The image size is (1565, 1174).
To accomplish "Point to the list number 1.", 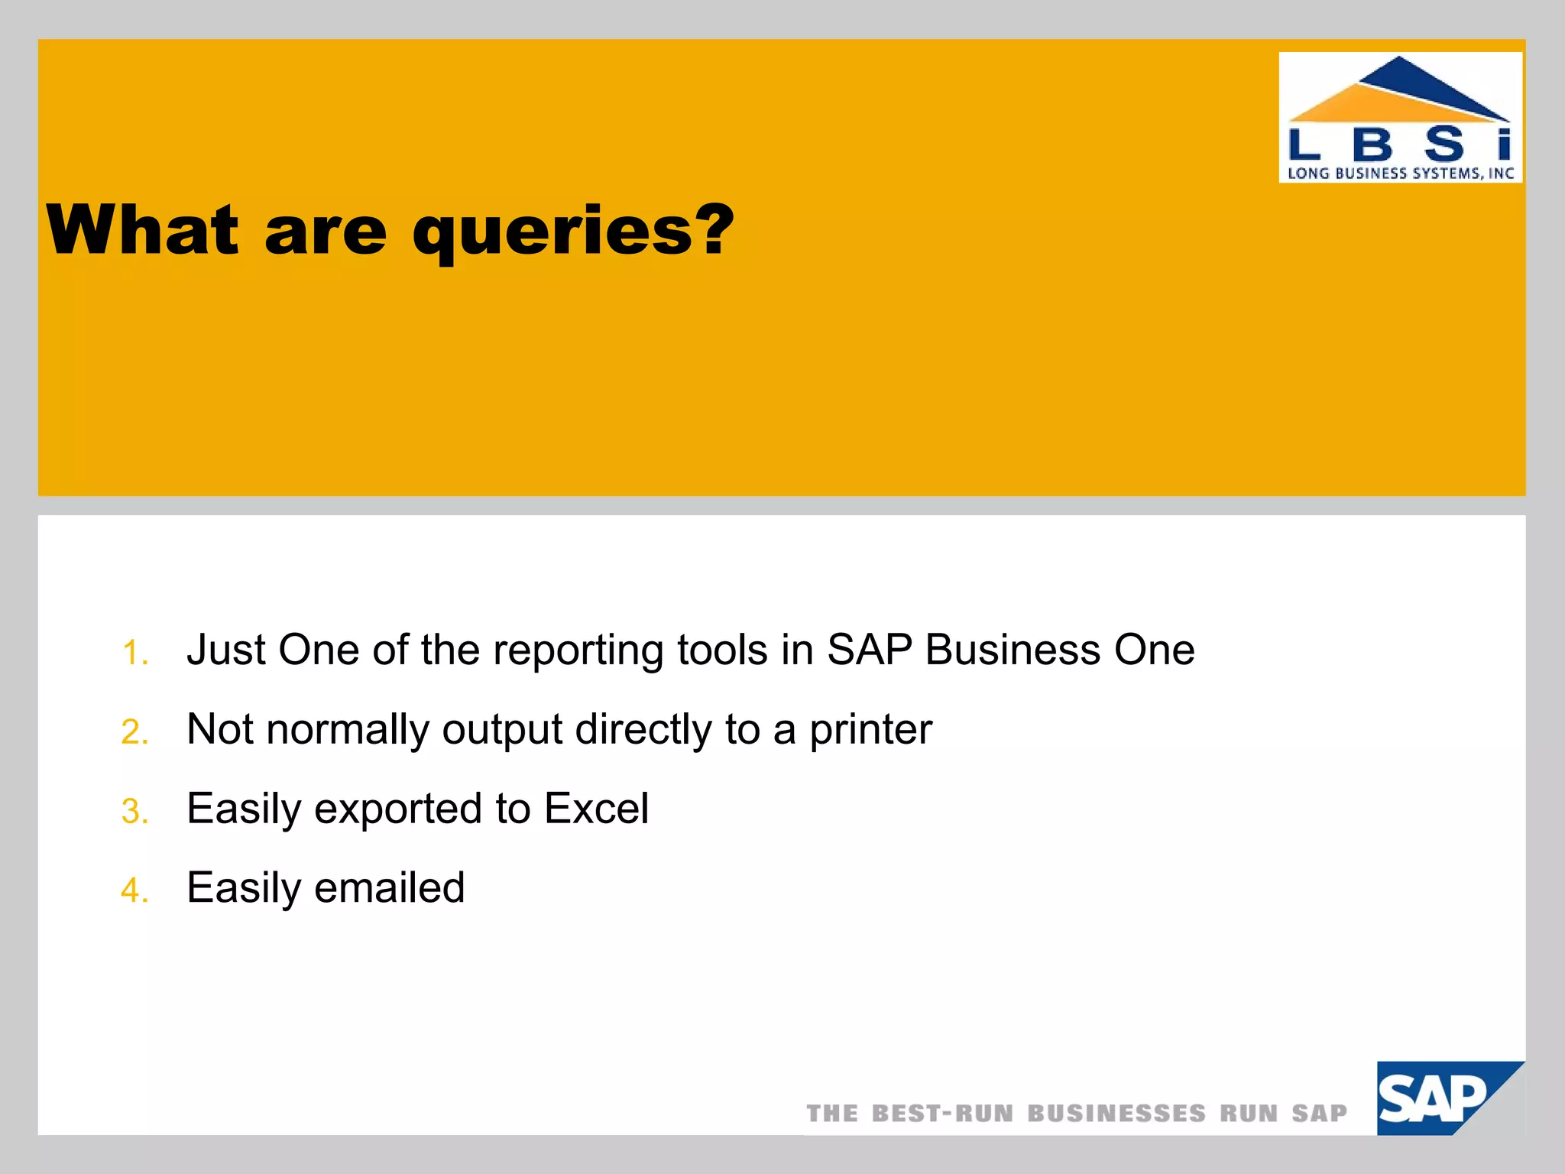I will coord(134,653).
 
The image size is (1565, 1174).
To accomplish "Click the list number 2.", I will coord(134,732).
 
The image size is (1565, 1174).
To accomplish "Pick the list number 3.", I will coord(134,812).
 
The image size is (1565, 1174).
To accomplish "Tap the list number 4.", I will coord(134,890).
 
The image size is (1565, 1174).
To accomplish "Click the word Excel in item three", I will coord(596,809).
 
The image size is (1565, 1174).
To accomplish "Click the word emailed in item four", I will coord(389,888).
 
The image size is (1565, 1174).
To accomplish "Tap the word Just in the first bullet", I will coord(225,650).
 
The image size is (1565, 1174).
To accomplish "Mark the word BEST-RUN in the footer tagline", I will coord(943,1114).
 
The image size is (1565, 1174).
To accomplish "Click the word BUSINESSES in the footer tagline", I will coord(1116,1114).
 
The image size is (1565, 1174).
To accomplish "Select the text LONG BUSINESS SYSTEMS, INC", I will coord(1400,174).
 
